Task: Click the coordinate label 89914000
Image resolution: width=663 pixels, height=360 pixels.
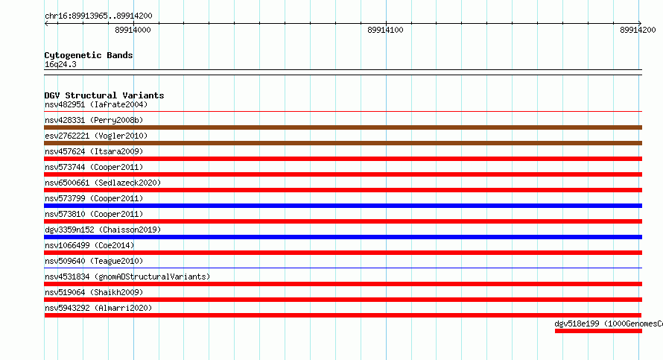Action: pyautogui.click(x=133, y=30)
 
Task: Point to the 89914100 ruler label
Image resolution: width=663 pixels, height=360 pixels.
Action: pyautogui.click(x=385, y=30)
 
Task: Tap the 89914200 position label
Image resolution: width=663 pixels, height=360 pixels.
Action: pyautogui.click(x=638, y=30)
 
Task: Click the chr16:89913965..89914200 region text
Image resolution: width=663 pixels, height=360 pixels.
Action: pyautogui.click(x=98, y=16)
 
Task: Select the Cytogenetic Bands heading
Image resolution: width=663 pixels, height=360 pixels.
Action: pyautogui.click(x=89, y=55)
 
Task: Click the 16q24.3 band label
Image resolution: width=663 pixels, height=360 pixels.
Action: pyautogui.click(x=60, y=64)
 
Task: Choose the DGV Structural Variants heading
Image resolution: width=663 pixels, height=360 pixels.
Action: pyautogui.click(x=104, y=95)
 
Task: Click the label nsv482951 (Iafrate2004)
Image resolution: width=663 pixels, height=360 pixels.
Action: pyautogui.click(x=96, y=104)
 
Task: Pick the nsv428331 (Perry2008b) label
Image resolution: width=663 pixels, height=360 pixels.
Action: pyautogui.click(x=94, y=120)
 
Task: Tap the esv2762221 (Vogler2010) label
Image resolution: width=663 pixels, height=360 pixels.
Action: pyautogui.click(x=96, y=136)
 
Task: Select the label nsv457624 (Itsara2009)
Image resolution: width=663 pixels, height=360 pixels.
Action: pyautogui.click(x=94, y=151)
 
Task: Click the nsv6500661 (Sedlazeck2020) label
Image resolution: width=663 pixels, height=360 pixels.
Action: pyautogui.click(x=103, y=183)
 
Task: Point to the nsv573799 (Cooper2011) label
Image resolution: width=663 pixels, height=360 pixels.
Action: pyautogui.click(x=94, y=198)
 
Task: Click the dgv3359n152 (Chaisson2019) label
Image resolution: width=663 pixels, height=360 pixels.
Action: pyautogui.click(x=103, y=230)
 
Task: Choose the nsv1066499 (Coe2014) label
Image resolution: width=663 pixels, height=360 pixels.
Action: pyautogui.click(x=89, y=245)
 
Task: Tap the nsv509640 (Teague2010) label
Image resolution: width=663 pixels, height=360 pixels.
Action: pyautogui.click(x=94, y=261)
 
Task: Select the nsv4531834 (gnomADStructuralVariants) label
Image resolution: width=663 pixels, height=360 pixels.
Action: pyautogui.click(x=127, y=277)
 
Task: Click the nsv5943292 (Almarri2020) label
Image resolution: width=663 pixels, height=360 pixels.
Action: pyautogui.click(x=98, y=308)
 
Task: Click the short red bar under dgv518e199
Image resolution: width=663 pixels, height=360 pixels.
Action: pyautogui.click(x=598, y=331)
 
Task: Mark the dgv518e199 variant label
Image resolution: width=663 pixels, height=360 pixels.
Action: pyautogui.click(x=609, y=323)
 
